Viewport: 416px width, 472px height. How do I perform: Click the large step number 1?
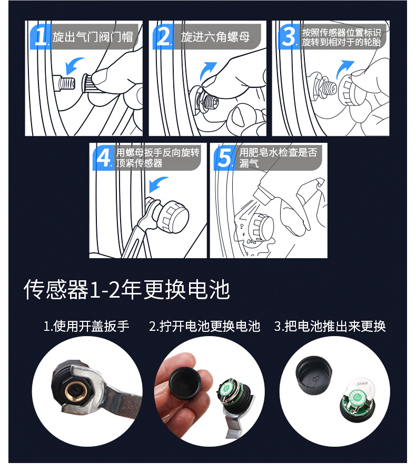(41, 36)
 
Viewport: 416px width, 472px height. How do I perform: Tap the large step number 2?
(163, 36)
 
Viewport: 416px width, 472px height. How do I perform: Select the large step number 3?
(289, 36)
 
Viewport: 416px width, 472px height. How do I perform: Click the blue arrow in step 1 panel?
(74, 65)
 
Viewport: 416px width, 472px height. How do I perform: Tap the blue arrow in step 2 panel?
(209, 71)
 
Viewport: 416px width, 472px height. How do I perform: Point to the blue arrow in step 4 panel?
(158, 184)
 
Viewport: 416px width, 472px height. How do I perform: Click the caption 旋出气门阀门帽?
(93, 37)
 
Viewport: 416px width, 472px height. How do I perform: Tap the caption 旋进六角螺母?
(215, 37)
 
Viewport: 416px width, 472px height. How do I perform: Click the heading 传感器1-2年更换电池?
(127, 290)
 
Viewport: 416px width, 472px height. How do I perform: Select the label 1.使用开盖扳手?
(86, 326)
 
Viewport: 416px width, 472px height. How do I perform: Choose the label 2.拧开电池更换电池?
(205, 326)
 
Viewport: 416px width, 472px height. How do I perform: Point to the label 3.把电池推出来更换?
(330, 326)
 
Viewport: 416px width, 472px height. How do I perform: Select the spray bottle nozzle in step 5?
(262, 192)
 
